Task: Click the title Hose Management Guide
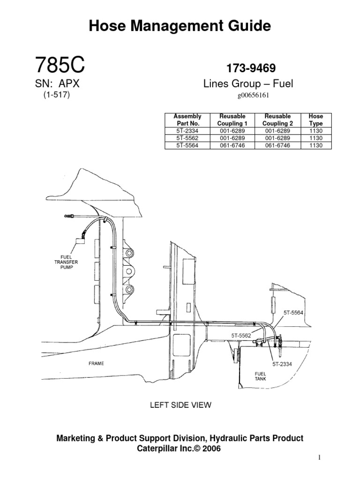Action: [180, 26]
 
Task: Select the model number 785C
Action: [60, 65]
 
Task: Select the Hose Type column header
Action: [315, 120]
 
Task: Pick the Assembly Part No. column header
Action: [187, 120]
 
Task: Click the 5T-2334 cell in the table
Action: [187, 132]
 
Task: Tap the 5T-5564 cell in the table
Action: [187, 145]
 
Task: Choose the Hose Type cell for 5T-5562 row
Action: [315, 139]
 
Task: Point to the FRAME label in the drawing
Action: [96, 363]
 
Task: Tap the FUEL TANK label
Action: [260, 376]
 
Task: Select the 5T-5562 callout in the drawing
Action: [241, 335]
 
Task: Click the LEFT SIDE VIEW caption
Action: [180, 405]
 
